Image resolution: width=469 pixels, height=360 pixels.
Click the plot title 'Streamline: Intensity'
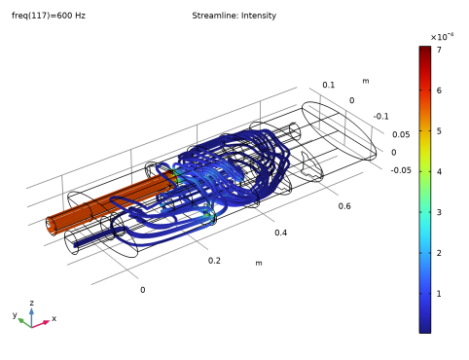tap(234, 16)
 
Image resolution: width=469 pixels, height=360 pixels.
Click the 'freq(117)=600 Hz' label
tap(49, 16)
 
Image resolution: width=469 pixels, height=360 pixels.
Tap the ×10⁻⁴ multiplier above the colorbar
tap(442, 37)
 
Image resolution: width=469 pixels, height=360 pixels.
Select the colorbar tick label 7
tap(439, 50)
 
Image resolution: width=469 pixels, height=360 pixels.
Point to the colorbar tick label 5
tap(439, 131)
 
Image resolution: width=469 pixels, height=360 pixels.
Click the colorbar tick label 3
tap(439, 212)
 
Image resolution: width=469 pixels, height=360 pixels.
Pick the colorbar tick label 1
tap(439, 294)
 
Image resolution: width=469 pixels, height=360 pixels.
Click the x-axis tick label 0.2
tap(214, 261)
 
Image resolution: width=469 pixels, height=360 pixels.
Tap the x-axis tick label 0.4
tap(280, 233)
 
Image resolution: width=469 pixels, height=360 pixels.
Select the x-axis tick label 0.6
tap(344, 206)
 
